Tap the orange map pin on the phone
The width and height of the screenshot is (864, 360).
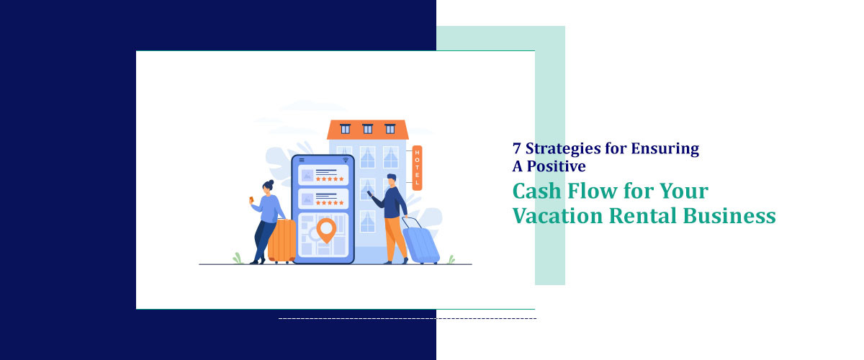326,230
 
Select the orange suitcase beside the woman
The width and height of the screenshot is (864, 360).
282,240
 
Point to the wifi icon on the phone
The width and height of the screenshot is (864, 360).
346,160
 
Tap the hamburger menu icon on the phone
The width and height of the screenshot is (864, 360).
301,160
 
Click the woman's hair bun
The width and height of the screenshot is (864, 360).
271,183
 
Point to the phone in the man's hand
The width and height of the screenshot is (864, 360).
371,194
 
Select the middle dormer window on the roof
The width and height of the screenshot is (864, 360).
368,129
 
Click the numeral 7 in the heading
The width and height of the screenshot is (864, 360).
517,150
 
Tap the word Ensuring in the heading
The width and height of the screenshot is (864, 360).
665,150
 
